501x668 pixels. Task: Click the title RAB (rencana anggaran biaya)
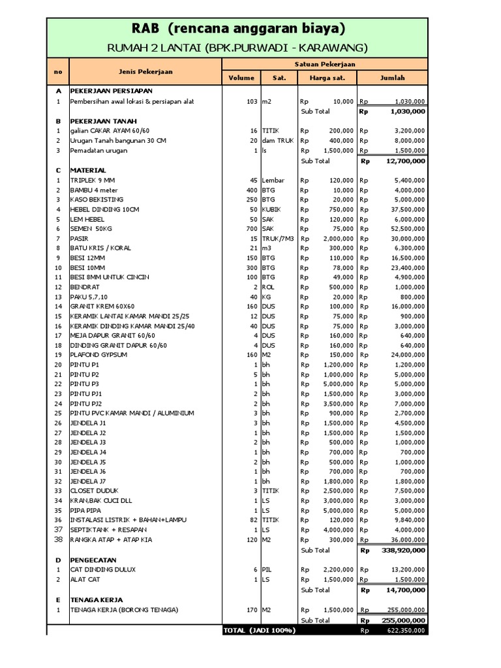coord(237,29)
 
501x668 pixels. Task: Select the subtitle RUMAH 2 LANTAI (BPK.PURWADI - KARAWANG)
coord(237,48)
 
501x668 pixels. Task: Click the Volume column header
coord(241,78)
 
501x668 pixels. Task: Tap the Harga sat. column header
coord(326,78)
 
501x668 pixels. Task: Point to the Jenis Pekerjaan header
coord(145,71)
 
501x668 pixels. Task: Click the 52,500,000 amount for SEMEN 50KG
coord(404,228)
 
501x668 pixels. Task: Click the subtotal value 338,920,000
coord(402,550)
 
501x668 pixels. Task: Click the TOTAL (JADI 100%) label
coord(259,631)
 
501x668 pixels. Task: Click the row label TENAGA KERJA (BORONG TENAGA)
coord(125,609)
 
